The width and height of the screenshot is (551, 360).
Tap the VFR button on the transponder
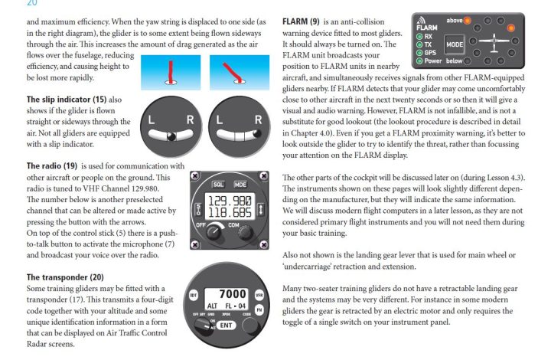pyautogui.click(x=260, y=296)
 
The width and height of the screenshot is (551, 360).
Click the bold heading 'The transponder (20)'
pyautogui.click(x=64, y=277)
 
